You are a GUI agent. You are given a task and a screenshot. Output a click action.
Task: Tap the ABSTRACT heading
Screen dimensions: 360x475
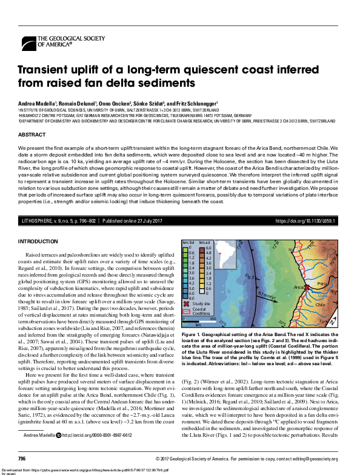[32, 134]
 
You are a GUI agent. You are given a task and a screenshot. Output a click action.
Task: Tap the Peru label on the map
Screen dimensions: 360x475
[322, 283]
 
